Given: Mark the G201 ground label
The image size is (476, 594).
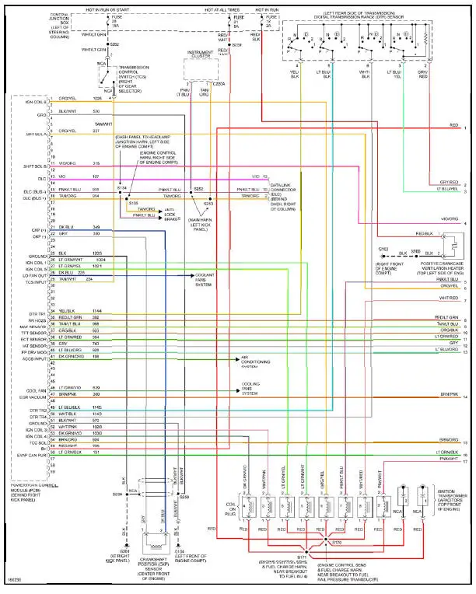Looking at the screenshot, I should (x=124, y=551).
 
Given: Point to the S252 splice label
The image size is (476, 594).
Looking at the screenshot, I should (x=198, y=188).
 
